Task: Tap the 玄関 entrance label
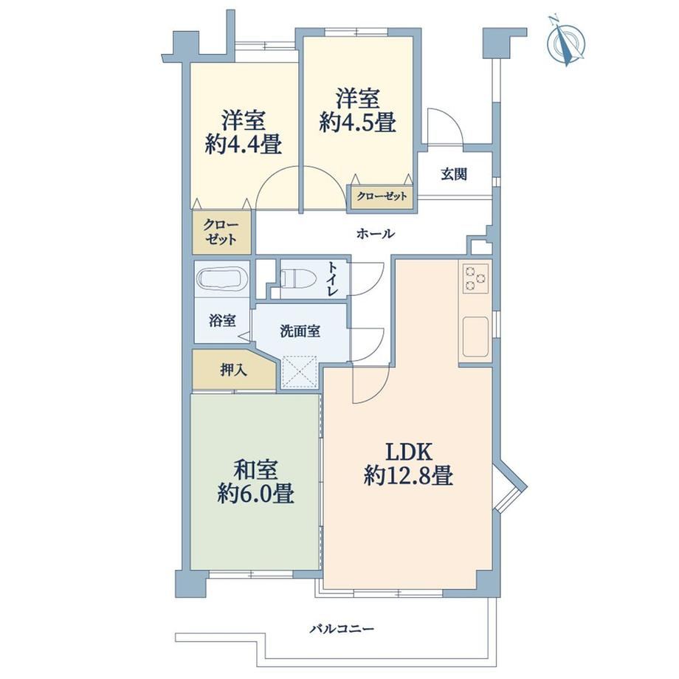(454, 174)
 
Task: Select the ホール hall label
(376, 234)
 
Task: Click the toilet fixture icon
(297, 278)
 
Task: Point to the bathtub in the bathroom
(221, 278)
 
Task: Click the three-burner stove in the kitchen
(475, 278)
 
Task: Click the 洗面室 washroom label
(300, 331)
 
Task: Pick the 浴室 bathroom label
(222, 320)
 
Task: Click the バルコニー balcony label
(342, 628)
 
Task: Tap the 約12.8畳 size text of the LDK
(408, 475)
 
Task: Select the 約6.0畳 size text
(255, 493)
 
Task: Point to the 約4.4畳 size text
(243, 144)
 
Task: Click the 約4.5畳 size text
(358, 121)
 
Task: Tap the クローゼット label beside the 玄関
(382, 196)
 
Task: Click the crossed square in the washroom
(300, 371)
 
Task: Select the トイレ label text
(333, 278)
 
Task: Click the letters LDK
(409, 452)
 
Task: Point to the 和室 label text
(255, 470)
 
